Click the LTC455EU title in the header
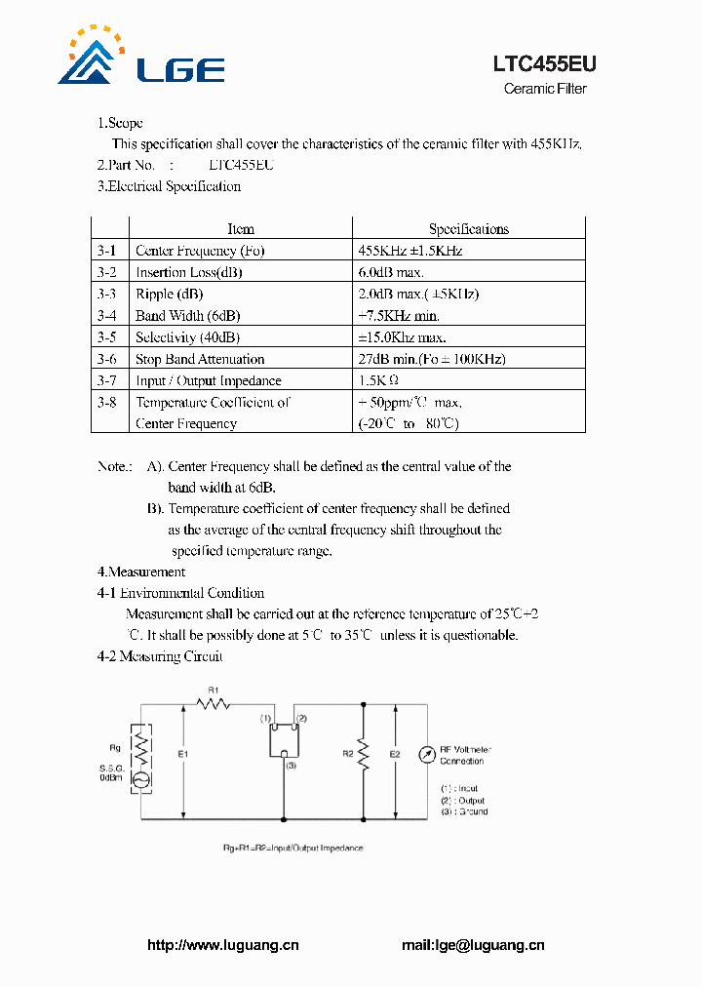pyautogui.click(x=543, y=64)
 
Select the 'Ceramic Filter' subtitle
pyautogui.click(x=545, y=89)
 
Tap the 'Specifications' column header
pyautogui.click(x=468, y=229)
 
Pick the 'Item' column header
pyautogui.click(x=241, y=229)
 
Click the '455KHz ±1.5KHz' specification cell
pyautogui.click(x=410, y=251)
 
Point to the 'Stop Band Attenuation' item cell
pyautogui.click(x=200, y=359)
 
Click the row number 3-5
pyautogui.click(x=106, y=337)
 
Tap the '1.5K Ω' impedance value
pyautogui.click(x=378, y=380)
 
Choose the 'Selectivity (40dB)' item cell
pyautogui.click(x=187, y=337)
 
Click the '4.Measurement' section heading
pyautogui.click(x=141, y=572)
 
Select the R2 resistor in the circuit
pyautogui.click(x=364, y=752)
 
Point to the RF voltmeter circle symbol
pyautogui.click(x=424, y=755)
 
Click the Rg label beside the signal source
pyautogui.click(x=114, y=749)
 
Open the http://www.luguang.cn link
pyautogui.click(x=222, y=944)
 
